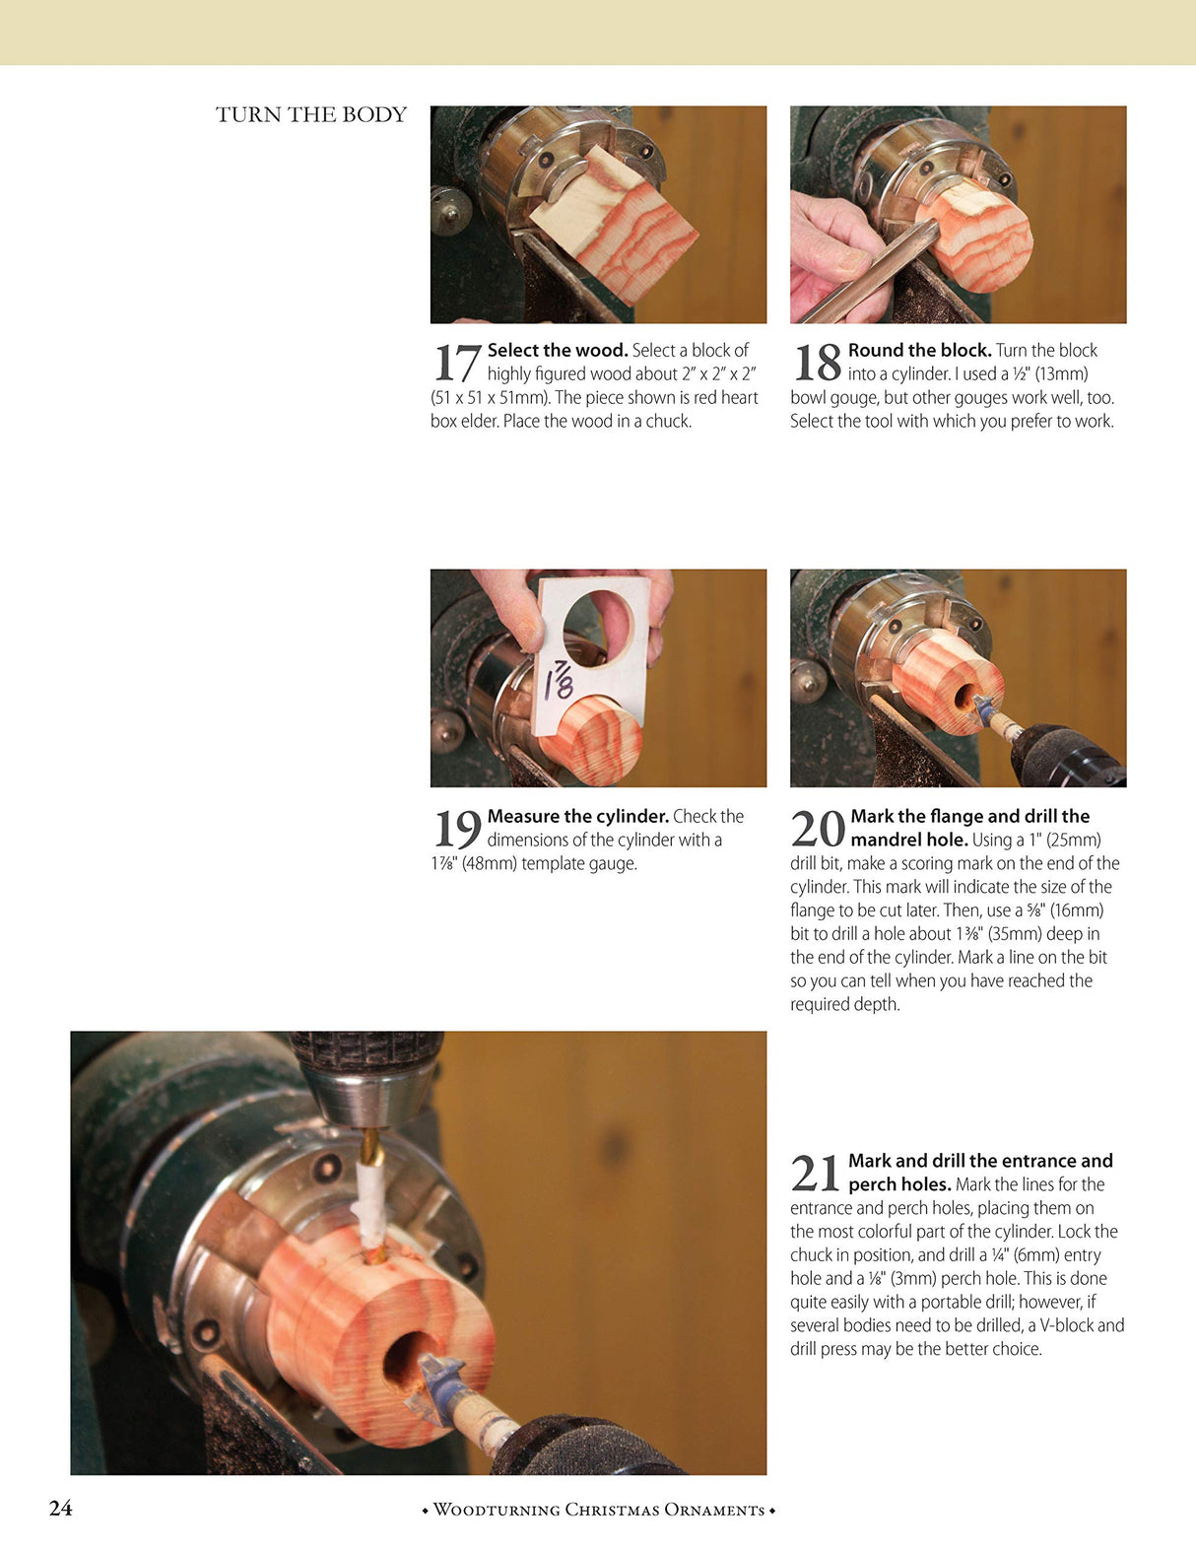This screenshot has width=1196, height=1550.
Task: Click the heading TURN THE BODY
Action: [311, 114]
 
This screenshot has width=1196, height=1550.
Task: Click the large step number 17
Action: [457, 363]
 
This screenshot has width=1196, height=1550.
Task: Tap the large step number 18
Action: [817, 363]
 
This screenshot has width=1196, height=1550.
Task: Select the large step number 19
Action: [457, 829]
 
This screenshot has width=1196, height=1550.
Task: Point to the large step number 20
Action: [818, 829]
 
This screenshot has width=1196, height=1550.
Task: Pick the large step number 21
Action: [816, 1174]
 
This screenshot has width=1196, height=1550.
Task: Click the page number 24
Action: [60, 1508]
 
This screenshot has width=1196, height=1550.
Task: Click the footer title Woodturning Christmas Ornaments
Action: [598, 1510]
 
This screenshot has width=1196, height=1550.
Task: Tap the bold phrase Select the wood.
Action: [557, 350]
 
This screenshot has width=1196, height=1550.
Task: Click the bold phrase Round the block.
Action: [918, 350]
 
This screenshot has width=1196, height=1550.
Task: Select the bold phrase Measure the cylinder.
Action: [577, 816]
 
